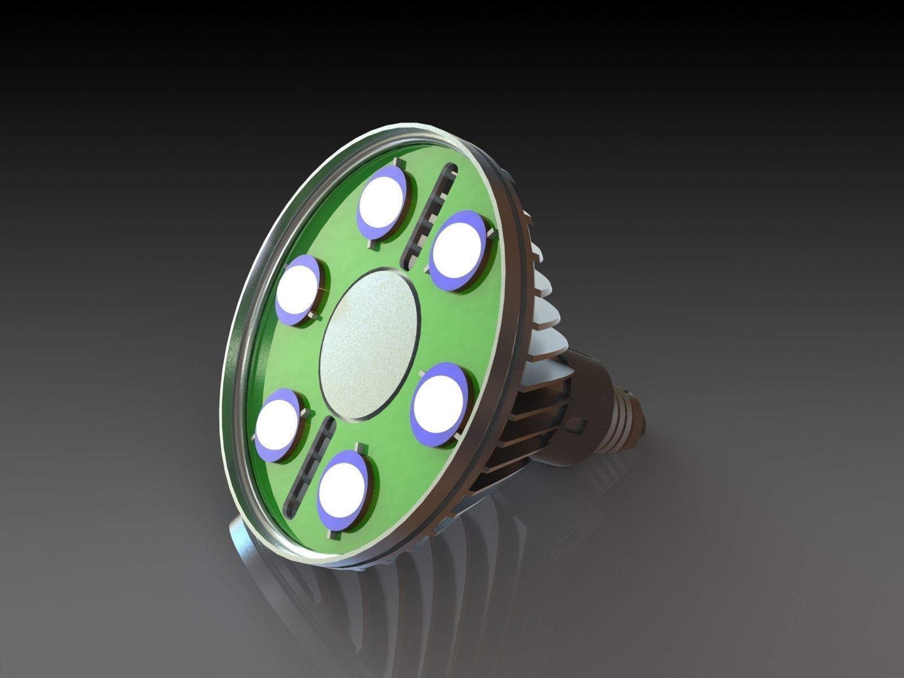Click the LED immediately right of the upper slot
point(459,250)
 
